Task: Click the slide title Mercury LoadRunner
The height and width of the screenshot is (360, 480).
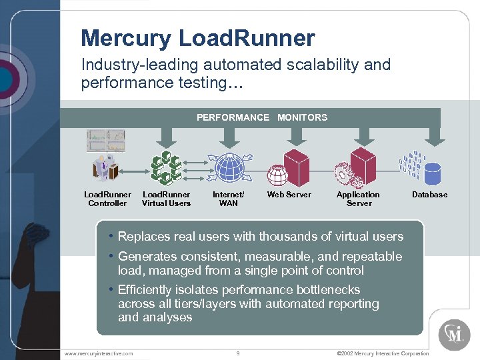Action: click(x=197, y=38)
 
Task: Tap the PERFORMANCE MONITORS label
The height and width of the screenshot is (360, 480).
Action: click(x=262, y=117)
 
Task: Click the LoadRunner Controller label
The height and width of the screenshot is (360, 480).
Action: click(x=107, y=199)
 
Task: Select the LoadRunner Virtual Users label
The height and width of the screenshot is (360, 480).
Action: click(x=166, y=199)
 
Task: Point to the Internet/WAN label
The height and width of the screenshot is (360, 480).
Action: click(x=228, y=199)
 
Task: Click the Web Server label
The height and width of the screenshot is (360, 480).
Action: click(x=289, y=195)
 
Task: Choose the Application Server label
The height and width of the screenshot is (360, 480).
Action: click(x=358, y=199)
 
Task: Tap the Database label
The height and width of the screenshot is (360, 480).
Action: click(x=429, y=195)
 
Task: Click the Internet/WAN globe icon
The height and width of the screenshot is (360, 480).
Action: click(x=228, y=168)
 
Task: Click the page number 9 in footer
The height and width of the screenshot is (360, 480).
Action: click(x=238, y=353)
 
